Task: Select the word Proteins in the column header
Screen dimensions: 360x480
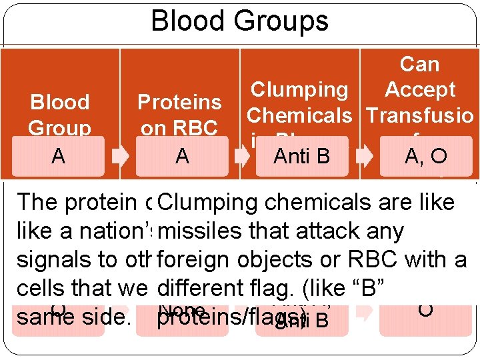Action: pos(179,102)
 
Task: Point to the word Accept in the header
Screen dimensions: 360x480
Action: pos(420,89)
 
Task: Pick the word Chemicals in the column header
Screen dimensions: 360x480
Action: pos(299,115)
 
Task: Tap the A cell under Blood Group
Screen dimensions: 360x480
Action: pos(58,156)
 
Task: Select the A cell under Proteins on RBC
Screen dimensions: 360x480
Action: pos(182,156)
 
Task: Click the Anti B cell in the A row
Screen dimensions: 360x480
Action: pos(303,156)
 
